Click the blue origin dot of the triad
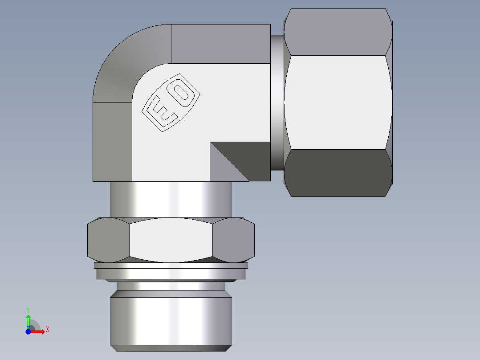(x=28, y=331)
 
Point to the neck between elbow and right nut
(x=277, y=102)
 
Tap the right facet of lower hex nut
(x=233, y=240)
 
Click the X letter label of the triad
(x=47, y=330)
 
